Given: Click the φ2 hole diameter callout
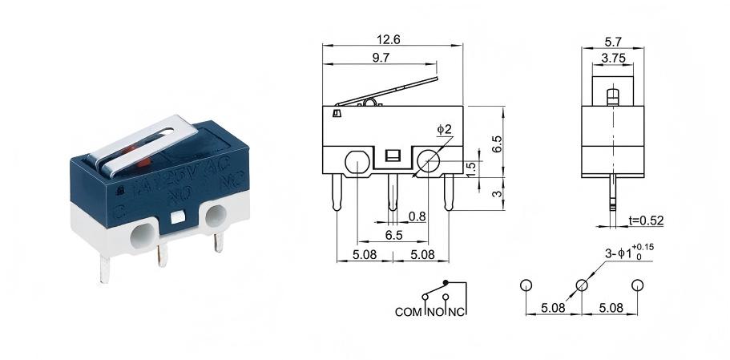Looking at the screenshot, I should [x=445, y=129].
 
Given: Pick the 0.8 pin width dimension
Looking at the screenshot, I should [x=417, y=216].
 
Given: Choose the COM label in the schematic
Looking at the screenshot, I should [x=409, y=311].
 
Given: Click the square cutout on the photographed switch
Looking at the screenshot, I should [x=177, y=216].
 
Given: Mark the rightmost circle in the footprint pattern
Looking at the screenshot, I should [x=638, y=285].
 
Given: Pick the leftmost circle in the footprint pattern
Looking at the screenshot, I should [x=526, y=285].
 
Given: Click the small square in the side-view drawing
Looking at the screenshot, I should [x=393, y=156].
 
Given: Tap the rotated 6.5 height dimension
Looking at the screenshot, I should [x=497, y=144].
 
